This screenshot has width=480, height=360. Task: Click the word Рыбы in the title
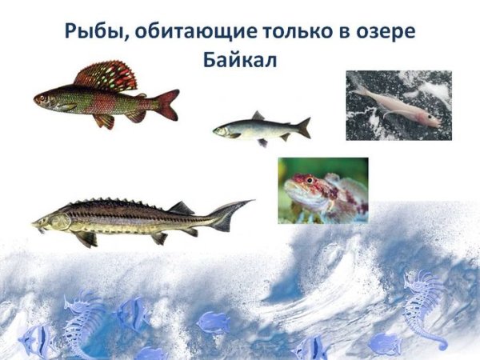[94, 34]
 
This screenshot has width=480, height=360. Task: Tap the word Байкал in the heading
[240, 60]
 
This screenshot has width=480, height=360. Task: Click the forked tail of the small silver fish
[303, 127]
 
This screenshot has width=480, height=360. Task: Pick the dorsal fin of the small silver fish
[258, 116]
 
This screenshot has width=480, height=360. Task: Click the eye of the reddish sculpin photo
[310, 181]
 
